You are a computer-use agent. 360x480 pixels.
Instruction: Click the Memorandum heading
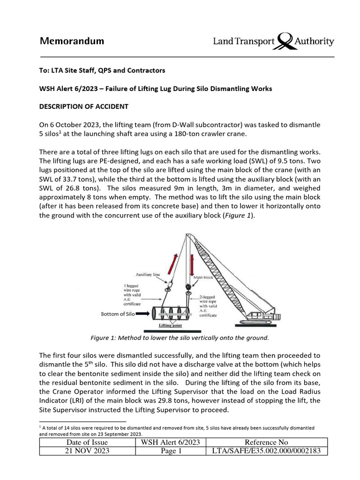pos(72,41)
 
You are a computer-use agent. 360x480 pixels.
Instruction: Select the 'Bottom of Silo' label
pos(118,314)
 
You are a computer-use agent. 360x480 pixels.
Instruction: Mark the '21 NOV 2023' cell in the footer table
pos(87,451)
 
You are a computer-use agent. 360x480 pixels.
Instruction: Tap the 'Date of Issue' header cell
pos(87,442)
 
